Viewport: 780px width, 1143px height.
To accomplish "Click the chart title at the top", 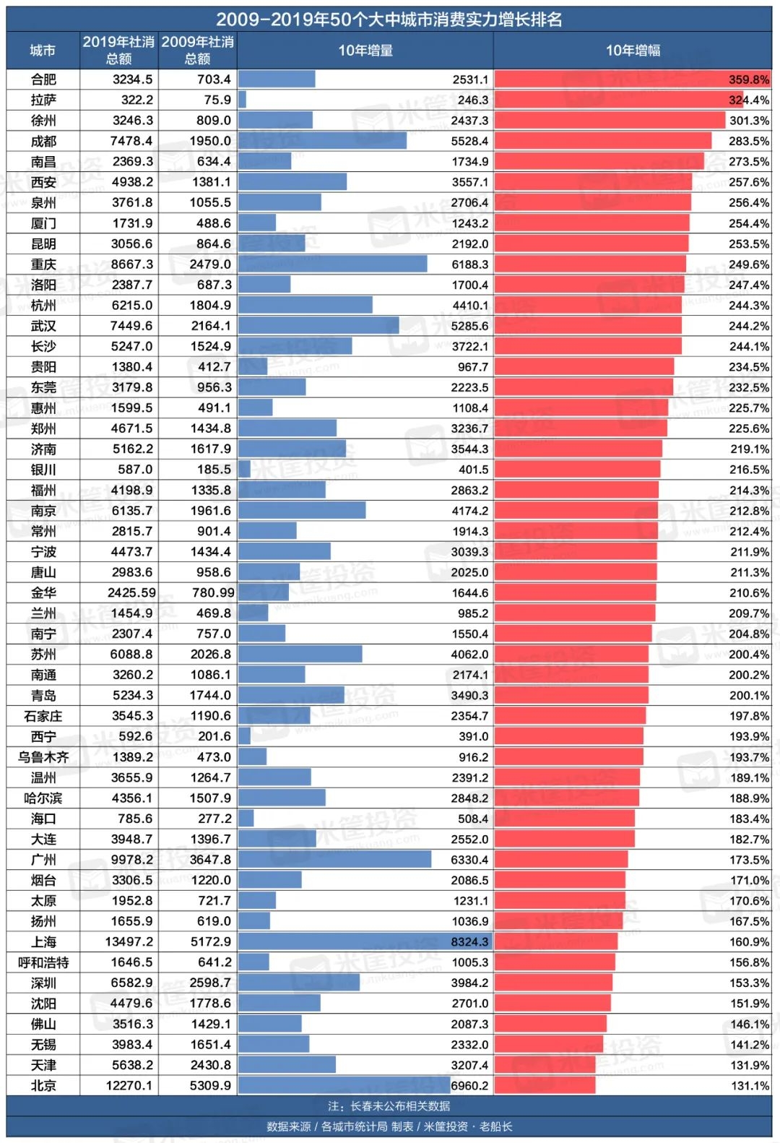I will tap(389, 20).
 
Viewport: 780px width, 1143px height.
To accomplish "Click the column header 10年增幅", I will tap(633, 51).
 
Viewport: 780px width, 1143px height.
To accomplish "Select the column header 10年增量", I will tap(365, 51).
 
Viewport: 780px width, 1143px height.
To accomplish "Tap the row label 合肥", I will tap(43, 79).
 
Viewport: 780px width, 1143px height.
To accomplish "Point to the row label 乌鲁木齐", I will tap(43, 757).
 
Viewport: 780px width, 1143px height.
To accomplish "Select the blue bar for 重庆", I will tap(332, 264).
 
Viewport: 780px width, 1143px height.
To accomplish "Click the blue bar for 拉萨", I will tap(242, 100).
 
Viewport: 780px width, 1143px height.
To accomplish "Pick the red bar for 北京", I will tap(545, 1085).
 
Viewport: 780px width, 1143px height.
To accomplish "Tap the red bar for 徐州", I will tap(610, 121).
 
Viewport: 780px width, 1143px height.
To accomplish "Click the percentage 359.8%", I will tap(749, 79).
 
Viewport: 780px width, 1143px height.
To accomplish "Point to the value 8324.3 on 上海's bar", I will tap(469, 942).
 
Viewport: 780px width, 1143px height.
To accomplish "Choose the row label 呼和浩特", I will tap(43, 962).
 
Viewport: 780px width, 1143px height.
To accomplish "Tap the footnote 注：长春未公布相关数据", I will tap(389, 1106).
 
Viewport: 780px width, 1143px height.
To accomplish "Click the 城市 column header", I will tap(43, 51).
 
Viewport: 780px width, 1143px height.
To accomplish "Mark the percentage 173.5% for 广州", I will tap(749, 860).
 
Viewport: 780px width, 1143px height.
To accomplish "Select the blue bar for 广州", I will tap(334, 860).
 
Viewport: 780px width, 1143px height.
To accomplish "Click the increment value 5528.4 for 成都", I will tap(469, 141).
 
